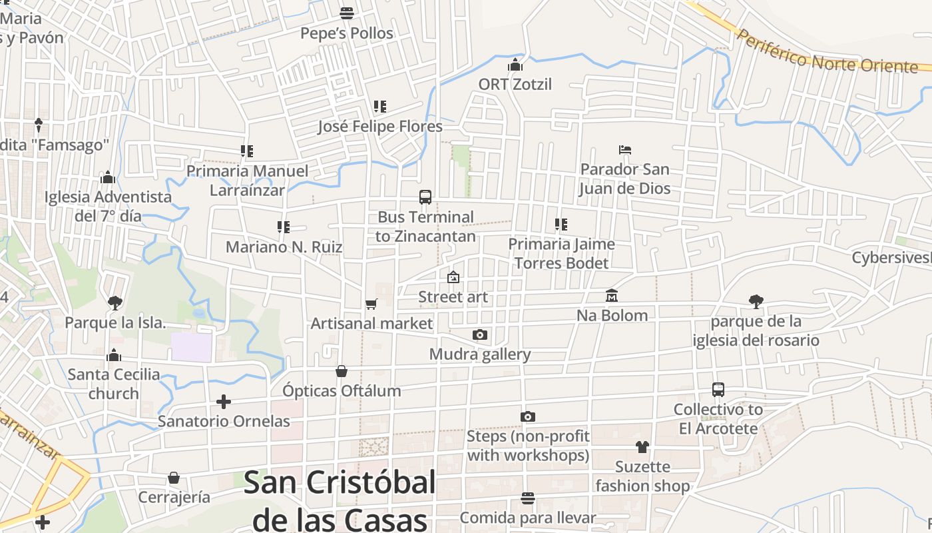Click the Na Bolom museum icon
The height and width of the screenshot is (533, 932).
point(612,295)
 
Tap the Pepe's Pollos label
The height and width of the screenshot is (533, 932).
point(347,33)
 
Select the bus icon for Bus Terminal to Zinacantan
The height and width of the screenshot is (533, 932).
point(425,197)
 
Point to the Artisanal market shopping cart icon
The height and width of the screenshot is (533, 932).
point(371,304)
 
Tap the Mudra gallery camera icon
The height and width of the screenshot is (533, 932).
point(479,334)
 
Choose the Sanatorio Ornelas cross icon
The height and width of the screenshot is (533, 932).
point(224,402)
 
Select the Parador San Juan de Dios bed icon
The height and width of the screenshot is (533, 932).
point(624,150)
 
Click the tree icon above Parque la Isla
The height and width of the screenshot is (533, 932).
point(115,303)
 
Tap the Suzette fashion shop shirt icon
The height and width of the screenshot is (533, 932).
point(642,446)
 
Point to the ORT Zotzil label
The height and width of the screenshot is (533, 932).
point(515,85)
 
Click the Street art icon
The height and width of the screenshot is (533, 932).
point(453,277)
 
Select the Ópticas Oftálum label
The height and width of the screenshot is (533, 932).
point(342,391)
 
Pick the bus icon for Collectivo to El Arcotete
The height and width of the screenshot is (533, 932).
point(718,390)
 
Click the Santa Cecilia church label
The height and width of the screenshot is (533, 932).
point(114,384)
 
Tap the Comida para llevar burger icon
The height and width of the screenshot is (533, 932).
point(528,498)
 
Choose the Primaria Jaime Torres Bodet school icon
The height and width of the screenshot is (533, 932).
point(561,225)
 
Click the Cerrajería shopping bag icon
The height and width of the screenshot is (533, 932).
point(174,478)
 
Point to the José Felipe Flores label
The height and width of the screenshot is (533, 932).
point(380,127)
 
